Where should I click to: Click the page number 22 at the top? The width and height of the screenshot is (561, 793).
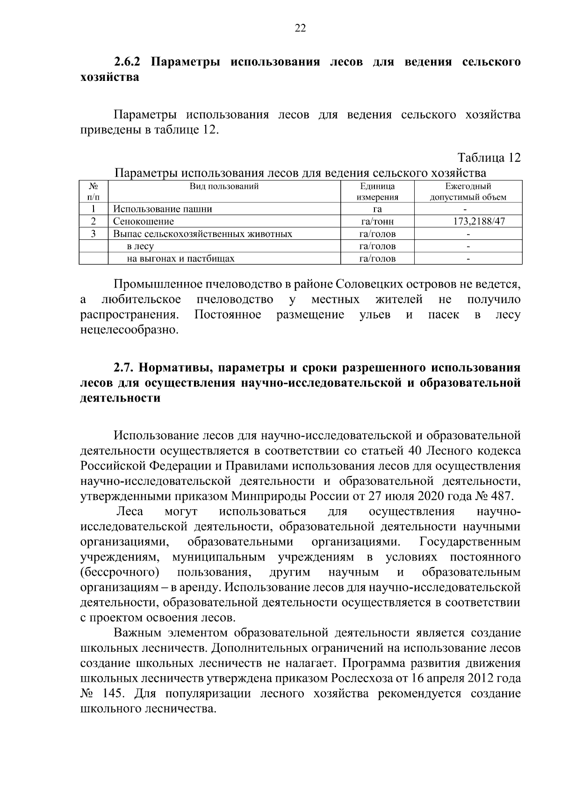point(300,29)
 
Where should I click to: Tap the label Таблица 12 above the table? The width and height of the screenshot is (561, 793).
point(489,158)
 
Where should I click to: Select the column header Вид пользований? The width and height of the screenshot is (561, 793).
point(224,187)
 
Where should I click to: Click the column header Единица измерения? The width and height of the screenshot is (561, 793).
point(377,192)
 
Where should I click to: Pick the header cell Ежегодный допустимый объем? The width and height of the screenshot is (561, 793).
point(468,192)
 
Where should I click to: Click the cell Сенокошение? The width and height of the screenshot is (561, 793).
point(144,221)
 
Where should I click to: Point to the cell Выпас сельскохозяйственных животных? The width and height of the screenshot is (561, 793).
point(203,234)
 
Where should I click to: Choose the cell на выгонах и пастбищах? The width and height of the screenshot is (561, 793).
point(180,258)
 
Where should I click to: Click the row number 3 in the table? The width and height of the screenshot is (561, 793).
point(93,233)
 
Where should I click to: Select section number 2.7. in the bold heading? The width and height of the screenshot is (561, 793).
point(124,368)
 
